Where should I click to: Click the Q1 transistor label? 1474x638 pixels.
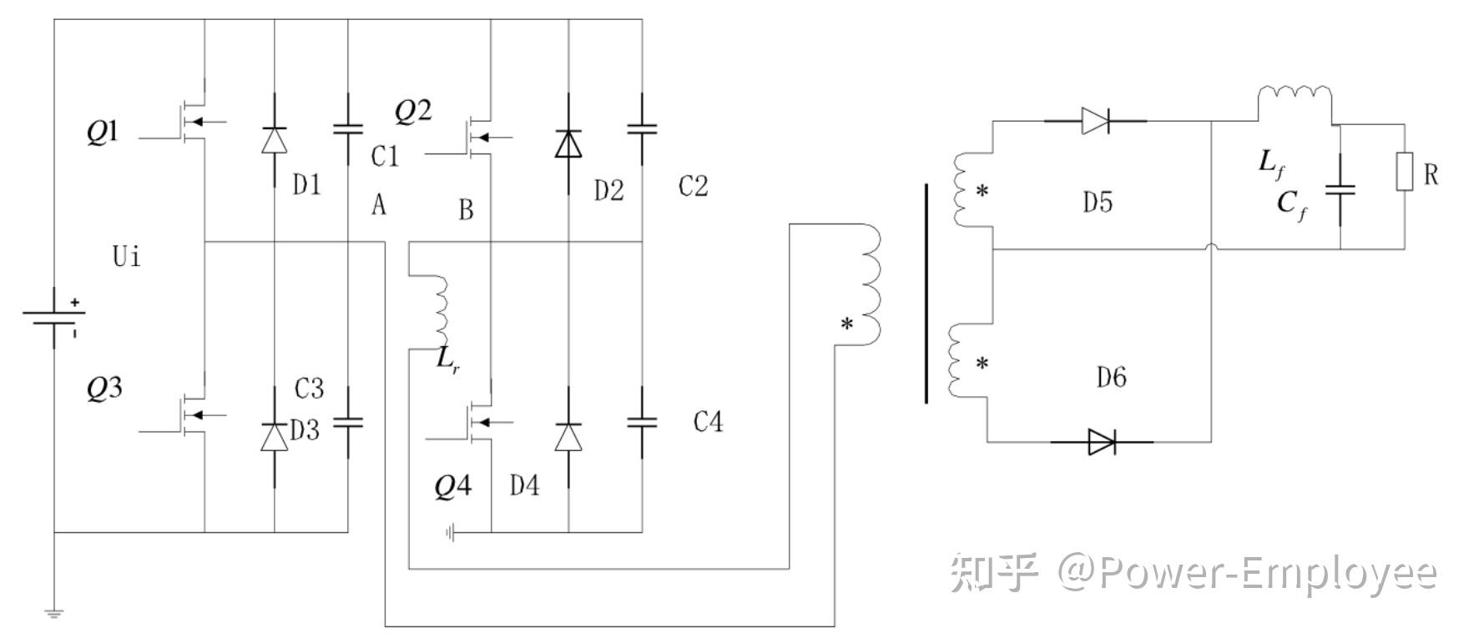pos(102,133)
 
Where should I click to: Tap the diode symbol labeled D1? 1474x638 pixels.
pos(274,139)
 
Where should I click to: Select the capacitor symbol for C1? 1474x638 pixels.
pos(348,129)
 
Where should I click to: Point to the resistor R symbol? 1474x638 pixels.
pos(1404,172)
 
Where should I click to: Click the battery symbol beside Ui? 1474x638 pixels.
pos(54,317)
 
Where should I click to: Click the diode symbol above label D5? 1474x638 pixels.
pos(1095,121)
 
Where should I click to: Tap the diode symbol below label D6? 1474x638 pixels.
pos(1102,441)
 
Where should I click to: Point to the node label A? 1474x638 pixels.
pos(379,204)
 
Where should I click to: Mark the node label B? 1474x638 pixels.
pos(466,209)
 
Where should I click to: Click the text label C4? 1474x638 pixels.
pos(708,423)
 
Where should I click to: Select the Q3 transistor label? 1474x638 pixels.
pos(103,388)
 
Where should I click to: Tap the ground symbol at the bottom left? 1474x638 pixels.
pos(54,613)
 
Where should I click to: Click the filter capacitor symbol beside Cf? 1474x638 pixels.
pos(1340,190)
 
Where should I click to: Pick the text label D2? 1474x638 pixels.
pos(608,191)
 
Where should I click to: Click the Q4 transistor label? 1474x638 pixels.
pos(452,486)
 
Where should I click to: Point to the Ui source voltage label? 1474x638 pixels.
pos(127,256)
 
